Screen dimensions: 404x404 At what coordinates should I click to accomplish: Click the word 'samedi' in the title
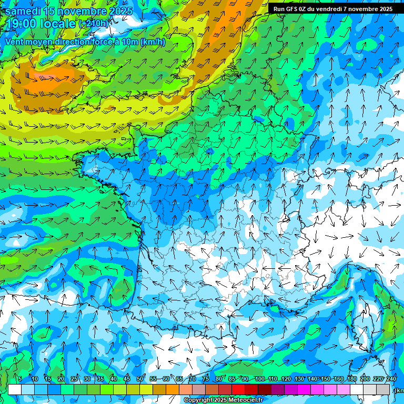point(23,11)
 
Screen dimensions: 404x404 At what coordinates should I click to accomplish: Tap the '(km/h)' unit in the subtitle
point(153,42)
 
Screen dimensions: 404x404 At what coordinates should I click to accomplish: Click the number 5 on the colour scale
point(20,379)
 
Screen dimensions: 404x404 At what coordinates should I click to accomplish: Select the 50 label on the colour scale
point(140,379)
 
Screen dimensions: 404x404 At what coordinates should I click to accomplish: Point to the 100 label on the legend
point(259,379)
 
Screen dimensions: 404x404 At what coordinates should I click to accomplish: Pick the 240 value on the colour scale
point(391,379)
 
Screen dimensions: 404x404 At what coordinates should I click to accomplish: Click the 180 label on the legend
point(351,379)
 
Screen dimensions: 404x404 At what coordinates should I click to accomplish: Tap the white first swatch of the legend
point(15,389)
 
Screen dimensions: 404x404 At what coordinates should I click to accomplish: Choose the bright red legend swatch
point(238,389)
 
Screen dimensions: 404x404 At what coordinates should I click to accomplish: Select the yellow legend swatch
point(146,389)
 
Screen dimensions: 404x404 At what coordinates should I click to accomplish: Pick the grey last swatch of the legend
point(383,389)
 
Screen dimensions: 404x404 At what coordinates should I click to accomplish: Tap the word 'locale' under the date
point(59,24)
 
